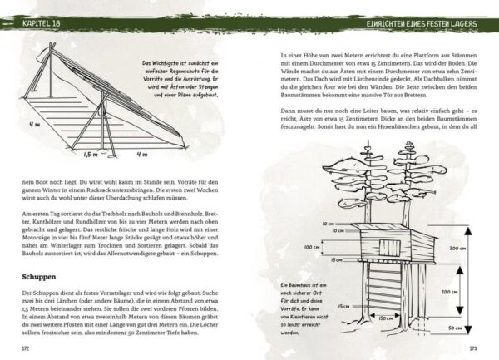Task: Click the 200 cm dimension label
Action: tap(447, 293)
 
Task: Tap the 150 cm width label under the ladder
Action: tap(385, 317)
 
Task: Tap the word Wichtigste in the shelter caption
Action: tap(164, 63)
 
